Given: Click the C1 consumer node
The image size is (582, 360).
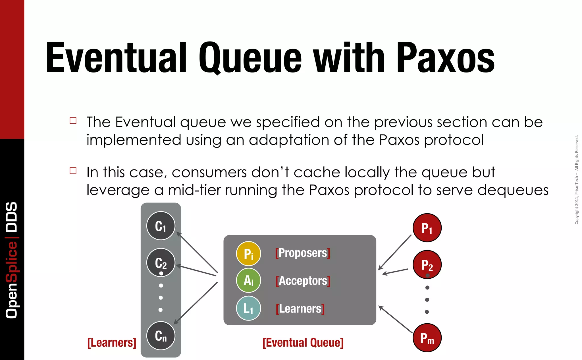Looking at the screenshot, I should (x=161, y=226).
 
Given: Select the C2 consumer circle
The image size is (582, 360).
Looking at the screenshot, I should (x=161, y=262).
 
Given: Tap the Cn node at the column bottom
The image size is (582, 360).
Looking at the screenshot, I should (x=161, y=336).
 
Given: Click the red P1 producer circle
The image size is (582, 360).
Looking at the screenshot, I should (x=427, y=228).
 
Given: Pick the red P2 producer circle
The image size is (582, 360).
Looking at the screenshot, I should (x=427, y=265).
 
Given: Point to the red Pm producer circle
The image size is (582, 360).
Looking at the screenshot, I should (x=427, y=338).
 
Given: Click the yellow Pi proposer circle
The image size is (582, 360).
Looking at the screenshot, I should (x=248, y=254).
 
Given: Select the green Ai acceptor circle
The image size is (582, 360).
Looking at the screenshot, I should (x=248, y=281).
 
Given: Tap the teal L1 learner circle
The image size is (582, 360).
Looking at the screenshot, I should (x=248, y=308).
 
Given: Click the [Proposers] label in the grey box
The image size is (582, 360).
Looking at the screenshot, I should (x=303, y=253).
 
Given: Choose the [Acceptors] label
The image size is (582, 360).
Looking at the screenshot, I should (x=303, y=281).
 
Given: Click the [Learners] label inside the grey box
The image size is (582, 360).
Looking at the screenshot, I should (x=300, y=309).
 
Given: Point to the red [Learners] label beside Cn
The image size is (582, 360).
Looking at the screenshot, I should (x=112, y=343).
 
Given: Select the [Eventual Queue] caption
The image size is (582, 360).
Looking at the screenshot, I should (x=303, y=343).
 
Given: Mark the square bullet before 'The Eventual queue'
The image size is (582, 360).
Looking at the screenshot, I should (x=73, y=121).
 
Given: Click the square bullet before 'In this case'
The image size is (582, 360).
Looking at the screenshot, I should (x=73, y=171).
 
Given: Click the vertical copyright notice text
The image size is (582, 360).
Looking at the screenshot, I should (x=576, y=180).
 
